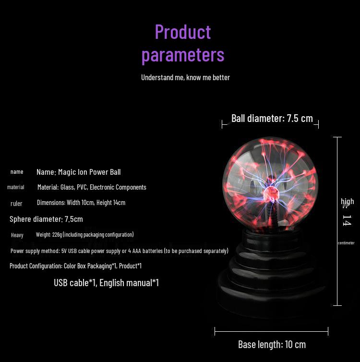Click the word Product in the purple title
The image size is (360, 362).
[x=183, y=32]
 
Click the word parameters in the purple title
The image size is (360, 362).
[x=183, y=55]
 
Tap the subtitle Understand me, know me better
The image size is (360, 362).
[x=186, y=77]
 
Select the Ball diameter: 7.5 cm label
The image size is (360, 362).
[x=272, y=119]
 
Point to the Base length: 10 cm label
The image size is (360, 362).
[x=272, y=344]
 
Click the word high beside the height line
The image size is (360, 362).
[x=348, y=201]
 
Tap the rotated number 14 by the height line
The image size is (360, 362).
[x=347, y=220]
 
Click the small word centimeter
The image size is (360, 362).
[x=346, y=243]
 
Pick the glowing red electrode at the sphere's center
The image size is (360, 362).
[x=270, y=193]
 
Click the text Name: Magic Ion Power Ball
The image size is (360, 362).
[x=78, y=172]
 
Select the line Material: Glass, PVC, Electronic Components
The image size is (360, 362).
[x=92, y=187]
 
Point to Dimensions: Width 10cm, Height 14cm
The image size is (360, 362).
[x=81, y=203]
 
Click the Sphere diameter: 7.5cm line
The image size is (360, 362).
[x=46, y=219]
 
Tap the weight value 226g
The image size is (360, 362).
[x=57, y=235]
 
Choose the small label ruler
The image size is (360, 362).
[x=16, y=204]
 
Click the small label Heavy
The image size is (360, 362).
[x=17, y=235]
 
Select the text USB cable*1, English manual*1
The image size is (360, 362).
[x=107, y=283]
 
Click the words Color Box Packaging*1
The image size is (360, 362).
[x=90, y=266]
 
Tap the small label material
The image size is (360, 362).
[x=16, y=187]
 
